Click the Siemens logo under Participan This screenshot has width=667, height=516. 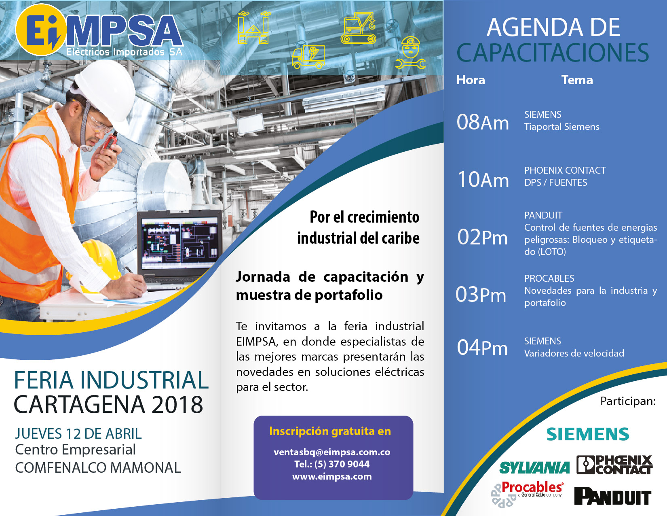pos(588,434)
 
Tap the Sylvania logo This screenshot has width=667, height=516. pos(534,468)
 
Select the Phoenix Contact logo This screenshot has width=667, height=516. pos(614,465)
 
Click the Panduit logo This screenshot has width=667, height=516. pos(612,496)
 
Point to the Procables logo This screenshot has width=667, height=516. pos(528,491)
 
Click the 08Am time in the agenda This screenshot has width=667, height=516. pos(483,122)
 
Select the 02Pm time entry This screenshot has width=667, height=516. pos(482,237)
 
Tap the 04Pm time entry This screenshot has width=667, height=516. pos(482,348)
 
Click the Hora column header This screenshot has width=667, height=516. pos(471,80)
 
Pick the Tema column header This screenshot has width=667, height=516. pos(577,80)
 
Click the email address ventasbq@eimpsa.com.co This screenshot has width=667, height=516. pos(332,452)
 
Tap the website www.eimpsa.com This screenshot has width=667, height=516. pos(332,476)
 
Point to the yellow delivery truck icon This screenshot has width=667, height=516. pos(308,57)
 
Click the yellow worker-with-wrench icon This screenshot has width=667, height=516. pos(411,53)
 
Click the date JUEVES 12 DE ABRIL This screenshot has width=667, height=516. pos(78,434)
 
